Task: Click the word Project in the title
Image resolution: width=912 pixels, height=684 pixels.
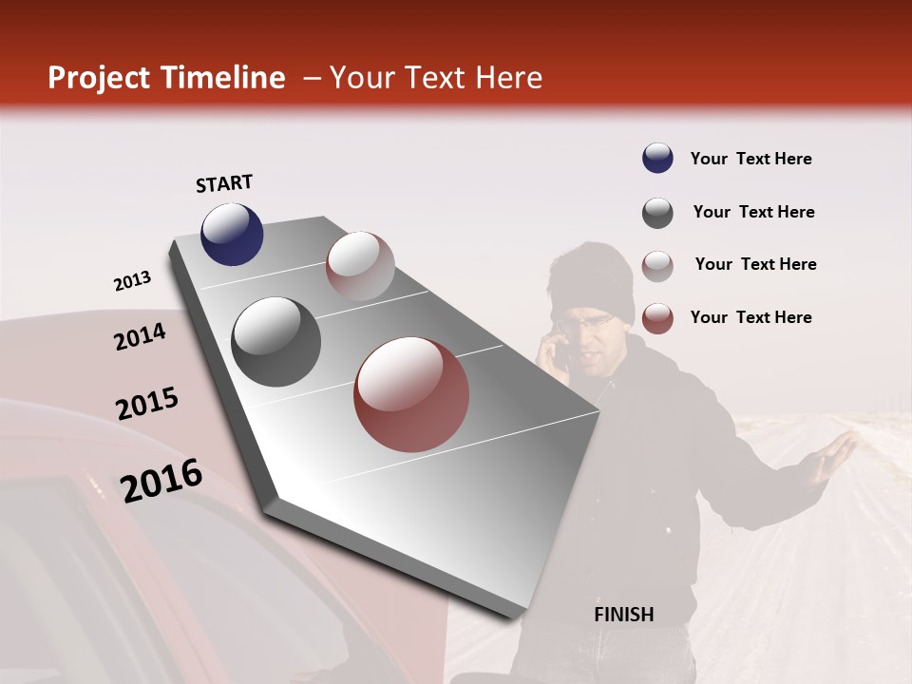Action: point(99,78)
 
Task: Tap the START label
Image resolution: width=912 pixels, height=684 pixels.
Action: point(224,183)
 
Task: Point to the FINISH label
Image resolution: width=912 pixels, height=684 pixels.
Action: point(624,615)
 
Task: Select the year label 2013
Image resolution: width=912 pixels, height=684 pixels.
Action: point(132,281)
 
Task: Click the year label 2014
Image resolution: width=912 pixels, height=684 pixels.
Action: point(140,336)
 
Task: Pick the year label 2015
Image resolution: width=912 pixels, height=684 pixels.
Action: point(147,405)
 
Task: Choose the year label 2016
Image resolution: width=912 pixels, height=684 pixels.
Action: point(161,480)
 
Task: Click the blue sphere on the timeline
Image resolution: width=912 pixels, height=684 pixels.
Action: point(232,234)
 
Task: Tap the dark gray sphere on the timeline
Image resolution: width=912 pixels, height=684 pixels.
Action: point(276,342)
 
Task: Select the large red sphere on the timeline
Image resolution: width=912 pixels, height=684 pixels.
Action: point(411,394)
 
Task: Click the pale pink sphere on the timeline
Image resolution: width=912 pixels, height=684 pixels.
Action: point(360,266)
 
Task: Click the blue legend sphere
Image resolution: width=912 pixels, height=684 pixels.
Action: point(657,159)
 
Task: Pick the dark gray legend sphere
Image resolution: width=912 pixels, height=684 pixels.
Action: point(657,213)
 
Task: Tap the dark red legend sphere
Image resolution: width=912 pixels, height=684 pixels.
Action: point(657,318)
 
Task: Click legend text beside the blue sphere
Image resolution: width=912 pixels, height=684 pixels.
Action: point(750,159)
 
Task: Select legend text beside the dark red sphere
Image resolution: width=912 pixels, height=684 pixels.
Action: point(750,317)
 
